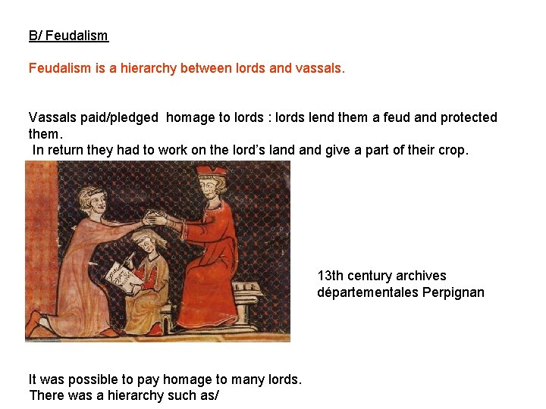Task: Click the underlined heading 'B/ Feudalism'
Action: pos(68,36)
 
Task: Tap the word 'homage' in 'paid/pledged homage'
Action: pos(191,117)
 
